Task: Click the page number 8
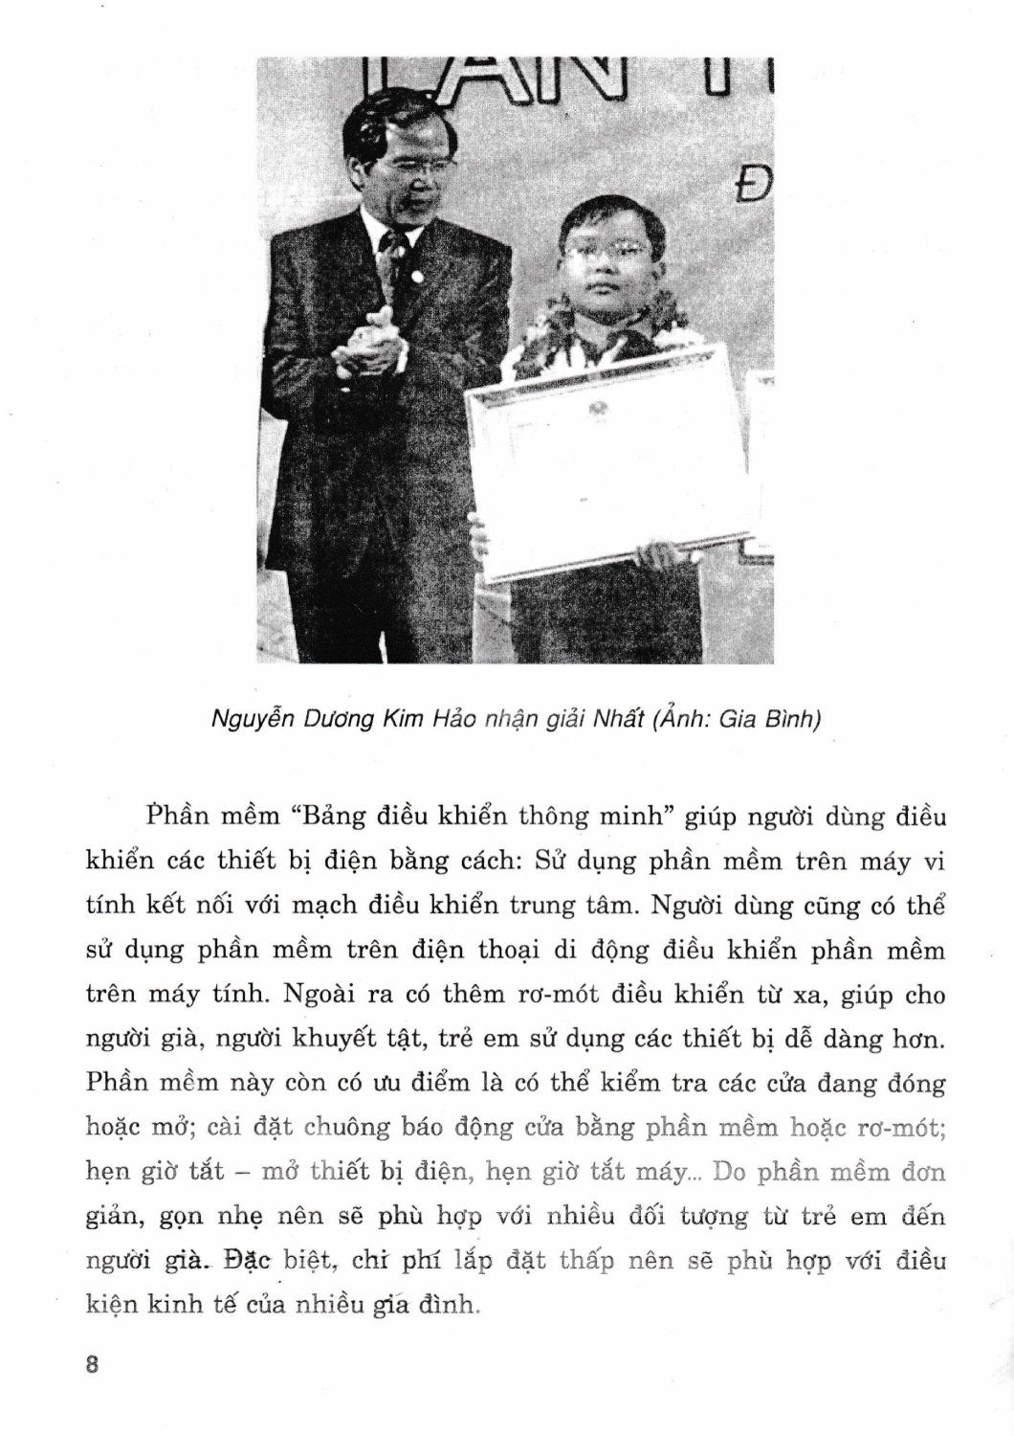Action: pos(92,1365)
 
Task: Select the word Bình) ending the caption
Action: pos(790,719)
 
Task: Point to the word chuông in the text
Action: pos(345,1127)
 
